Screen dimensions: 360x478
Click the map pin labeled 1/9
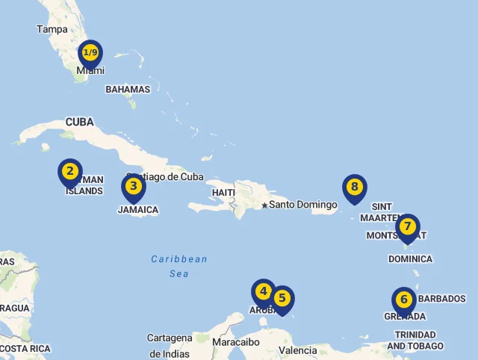[90, 53]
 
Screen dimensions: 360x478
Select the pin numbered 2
[70, 172]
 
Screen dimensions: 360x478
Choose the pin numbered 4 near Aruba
[263, 292]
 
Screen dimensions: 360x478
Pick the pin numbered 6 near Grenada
[404, 300]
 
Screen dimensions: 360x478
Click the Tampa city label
[52, 30]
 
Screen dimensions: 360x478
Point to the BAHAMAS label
[128, 90]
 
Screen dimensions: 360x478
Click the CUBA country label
[79, 122]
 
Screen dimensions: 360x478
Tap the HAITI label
[223, 193]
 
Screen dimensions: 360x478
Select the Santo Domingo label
[298, 205]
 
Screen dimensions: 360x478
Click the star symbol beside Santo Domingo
[264, 205]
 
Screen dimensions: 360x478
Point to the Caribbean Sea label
[179, 267]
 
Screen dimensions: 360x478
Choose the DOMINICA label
[410, 259]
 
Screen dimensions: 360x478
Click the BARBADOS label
[441, 299]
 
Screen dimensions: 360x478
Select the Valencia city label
[297, 350]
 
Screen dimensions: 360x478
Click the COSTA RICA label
[25, 349]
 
